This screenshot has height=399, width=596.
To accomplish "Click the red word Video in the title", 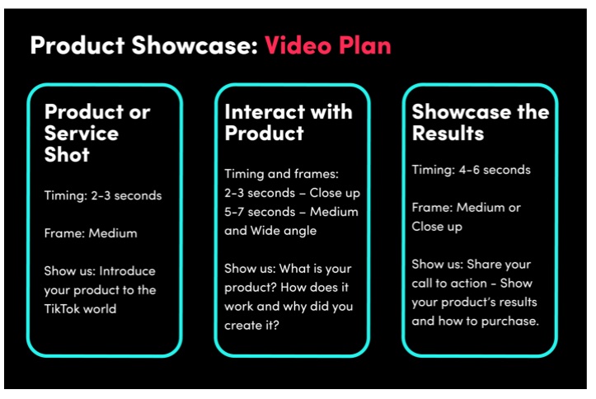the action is click(x=298, y=45).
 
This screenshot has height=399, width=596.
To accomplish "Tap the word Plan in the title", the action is click(x=365, y=45).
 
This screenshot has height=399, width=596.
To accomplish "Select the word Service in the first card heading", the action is click(x=82, y=134).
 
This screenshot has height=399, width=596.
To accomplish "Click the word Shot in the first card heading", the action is click(x=67, y=155).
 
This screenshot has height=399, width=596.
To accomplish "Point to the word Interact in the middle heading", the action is click(x=265, y=112).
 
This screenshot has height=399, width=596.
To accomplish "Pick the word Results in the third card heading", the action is click(x=448, y=134).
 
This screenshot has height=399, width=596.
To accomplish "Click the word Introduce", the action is click(x=127, y=271).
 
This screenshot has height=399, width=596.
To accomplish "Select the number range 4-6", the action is click(x=469, y=170).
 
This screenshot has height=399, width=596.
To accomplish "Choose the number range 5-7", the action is click(x=234, y=212).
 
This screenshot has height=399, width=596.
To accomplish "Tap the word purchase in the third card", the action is click(x=509, y=322).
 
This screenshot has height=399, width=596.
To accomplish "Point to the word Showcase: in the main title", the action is click(x=195, y=45).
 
